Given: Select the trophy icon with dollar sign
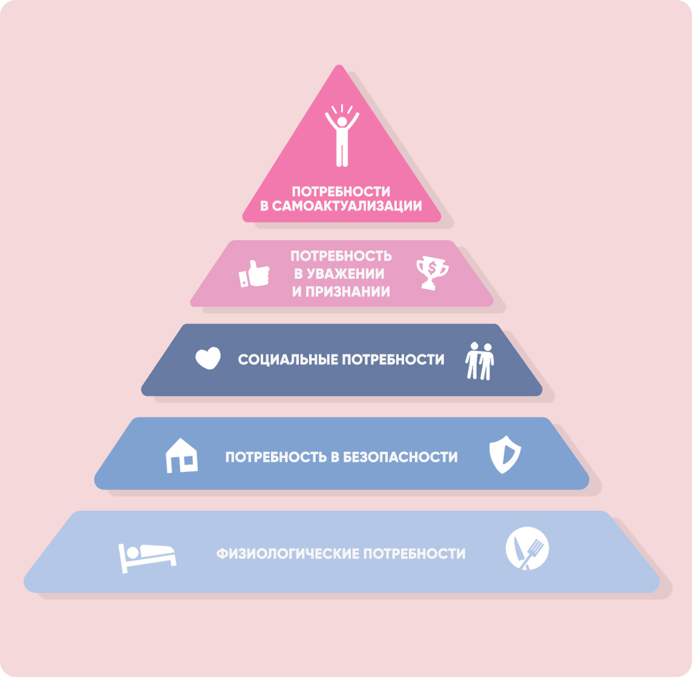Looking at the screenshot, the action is click(x=432, y=273).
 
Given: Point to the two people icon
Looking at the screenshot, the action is click(x=480, y=361).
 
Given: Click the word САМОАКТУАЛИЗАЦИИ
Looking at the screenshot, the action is click(x=347, y=206).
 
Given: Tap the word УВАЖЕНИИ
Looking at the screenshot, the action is click(x=347, y=274).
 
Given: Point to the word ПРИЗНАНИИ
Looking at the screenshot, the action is click(x=348, y=292).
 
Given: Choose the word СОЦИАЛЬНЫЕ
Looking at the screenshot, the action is click(x=288, y=360).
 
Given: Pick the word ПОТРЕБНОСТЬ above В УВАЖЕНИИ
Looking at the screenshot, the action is click(x=341, y=257).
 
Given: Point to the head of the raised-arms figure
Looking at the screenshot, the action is click(x=342, y=122).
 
